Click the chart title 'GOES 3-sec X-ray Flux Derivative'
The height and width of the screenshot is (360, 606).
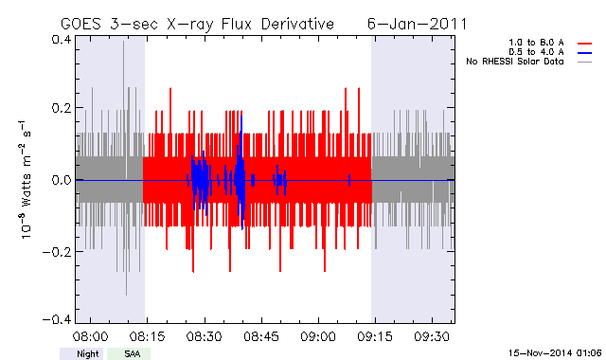[x=197, y=25]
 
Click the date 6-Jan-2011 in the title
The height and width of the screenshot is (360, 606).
[x=417, y=24]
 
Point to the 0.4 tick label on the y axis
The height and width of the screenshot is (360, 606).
[x=61, y=40]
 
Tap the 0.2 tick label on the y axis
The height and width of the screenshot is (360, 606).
[x=61, y=107]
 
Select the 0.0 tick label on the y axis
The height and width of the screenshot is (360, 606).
[x=61, y=180]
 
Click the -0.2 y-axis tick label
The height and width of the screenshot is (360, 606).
[x=57, y=252]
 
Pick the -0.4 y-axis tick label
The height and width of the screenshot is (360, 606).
[x=57, y=319]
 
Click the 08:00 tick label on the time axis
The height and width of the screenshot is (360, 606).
[x=91, y=336]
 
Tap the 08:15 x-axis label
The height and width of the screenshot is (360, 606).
[x=148, y=336]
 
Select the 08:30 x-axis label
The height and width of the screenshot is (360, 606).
[x=205, y=336]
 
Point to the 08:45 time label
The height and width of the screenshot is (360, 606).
[x=261, y=336]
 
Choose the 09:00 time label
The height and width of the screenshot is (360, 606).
[x=318, y=336]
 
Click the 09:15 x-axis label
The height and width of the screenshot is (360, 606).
[x=375, y=336]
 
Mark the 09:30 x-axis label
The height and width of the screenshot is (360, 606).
[x=432, y=336]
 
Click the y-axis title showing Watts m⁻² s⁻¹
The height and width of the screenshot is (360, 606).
[x=26, y=180]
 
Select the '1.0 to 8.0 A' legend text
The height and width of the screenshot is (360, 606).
[x=536, y=43]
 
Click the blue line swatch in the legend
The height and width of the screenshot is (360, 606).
[x=585, y=53]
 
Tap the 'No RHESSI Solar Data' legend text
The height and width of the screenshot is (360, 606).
[x=515, y=62]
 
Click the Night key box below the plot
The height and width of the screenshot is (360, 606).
[x=81, y=353]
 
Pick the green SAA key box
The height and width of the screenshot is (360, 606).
[x=129, y=353]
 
